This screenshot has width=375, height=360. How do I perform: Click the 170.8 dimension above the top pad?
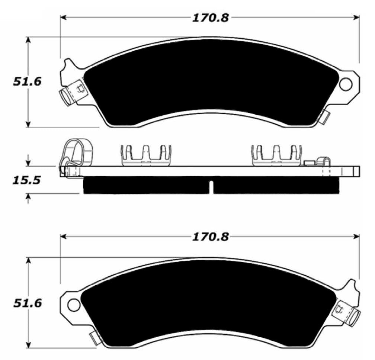pyautogui.click(x=209, y=17)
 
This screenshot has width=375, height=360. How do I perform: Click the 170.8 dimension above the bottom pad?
pyautogui.click(x=209, y=237)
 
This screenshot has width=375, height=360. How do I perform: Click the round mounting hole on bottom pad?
pyautogui.click(x=74, y=305)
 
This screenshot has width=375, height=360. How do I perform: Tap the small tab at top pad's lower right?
pyautogui.click(x=325, y=117)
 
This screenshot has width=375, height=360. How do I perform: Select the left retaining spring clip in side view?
pyautogui.click(x=146, y=155)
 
